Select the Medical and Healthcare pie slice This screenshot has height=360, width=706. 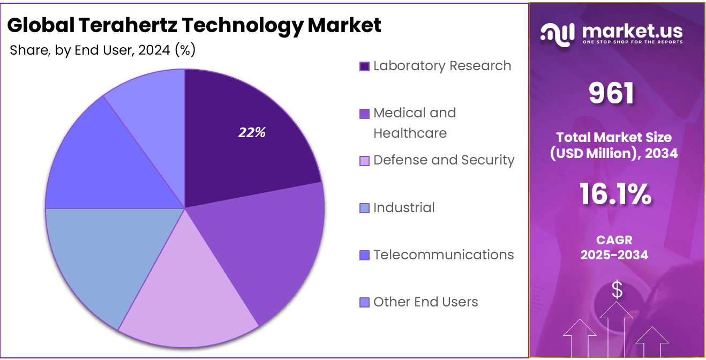pos(268,246)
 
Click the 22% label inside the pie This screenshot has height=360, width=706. pos(252,133)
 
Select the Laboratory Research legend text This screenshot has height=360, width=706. pos(442,66)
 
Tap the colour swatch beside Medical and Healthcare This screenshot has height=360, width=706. pos(364,114)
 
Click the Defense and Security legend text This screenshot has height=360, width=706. pos(444,160)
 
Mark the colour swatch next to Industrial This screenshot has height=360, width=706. pos(364,208)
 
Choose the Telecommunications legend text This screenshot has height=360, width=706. pos(444,254)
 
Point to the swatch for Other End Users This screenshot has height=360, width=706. pos(364,303)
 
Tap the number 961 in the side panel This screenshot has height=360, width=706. pos(612,93)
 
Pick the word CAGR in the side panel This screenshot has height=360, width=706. pos(614,240)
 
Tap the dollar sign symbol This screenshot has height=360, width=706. pos(617,290)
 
